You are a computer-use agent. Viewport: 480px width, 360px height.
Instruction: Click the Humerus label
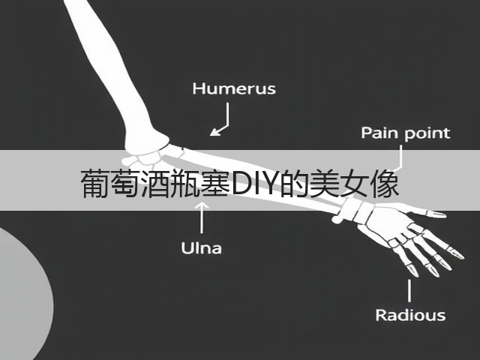[x=234, y=88]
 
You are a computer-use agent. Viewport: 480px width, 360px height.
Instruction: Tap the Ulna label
[x=201, y=248]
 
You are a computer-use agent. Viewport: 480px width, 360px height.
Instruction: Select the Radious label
[x=410, y=315]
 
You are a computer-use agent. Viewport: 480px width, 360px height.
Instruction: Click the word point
[x=427, y=134]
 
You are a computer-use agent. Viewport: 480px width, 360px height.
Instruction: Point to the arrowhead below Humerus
[x=215, y=132]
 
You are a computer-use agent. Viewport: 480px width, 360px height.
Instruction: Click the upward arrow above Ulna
[x=202, y=217]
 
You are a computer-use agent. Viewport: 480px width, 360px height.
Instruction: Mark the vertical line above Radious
[x=409, y=290]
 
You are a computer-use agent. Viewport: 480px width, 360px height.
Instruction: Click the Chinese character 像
[x=385, y=183]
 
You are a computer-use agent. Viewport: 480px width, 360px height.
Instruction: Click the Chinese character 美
[x=325, y=183]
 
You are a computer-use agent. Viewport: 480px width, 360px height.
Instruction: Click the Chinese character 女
[x=355, y=183]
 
